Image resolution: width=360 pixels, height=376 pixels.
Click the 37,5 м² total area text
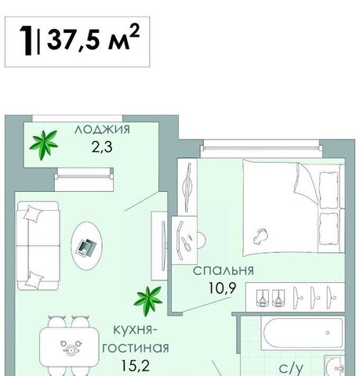(93, 38)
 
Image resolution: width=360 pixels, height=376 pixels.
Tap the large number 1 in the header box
(27, 40)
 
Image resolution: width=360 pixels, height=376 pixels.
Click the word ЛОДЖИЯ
(102, 129)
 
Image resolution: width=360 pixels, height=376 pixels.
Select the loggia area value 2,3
(102, 147)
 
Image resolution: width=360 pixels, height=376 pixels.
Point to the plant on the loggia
(43, 144)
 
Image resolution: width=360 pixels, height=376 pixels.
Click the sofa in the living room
(38, 245)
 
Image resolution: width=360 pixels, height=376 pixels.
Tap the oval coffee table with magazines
(86, 246)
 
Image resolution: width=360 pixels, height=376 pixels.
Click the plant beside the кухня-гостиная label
(148, 300)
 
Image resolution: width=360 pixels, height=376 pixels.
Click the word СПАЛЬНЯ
(224, 270)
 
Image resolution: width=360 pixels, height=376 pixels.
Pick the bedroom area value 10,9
(223, 288)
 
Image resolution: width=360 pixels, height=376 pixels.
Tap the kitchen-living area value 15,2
(136, 366)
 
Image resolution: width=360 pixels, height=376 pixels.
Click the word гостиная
(136, 348)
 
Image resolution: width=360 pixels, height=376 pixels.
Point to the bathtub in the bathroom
(303, 333)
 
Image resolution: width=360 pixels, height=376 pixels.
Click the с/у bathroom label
(291, 368)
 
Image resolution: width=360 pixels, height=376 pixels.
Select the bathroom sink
(335, 366)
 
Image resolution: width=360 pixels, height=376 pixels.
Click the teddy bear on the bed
(260, 236)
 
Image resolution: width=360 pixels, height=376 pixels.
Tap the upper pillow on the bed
(329, 190)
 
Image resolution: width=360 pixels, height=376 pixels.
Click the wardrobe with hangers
(296, 297)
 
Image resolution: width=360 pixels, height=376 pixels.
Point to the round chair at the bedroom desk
(202, 240)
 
